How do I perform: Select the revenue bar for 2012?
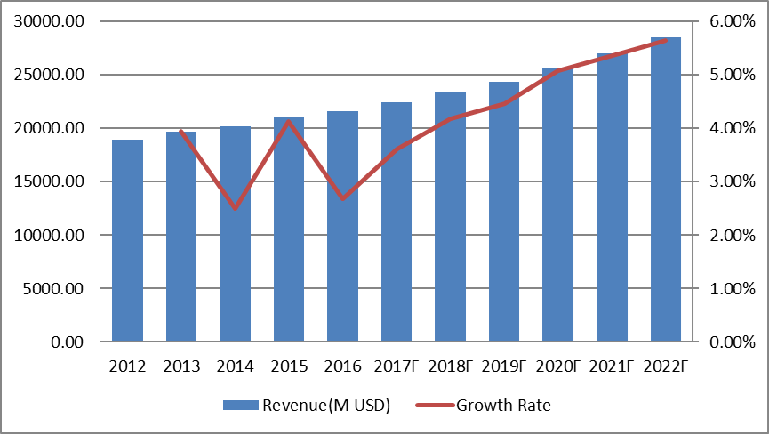(127, 240)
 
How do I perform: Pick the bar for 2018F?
(450, 240)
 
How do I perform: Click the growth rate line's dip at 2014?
(235, 208)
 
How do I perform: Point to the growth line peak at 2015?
(289, 121)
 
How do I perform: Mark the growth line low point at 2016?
(342, 197)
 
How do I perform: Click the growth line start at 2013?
(181, 132)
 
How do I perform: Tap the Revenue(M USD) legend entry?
(307, 406)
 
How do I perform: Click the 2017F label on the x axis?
(396, 365)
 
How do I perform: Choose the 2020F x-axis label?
(557, 365)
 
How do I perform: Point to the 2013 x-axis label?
(181, 365)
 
